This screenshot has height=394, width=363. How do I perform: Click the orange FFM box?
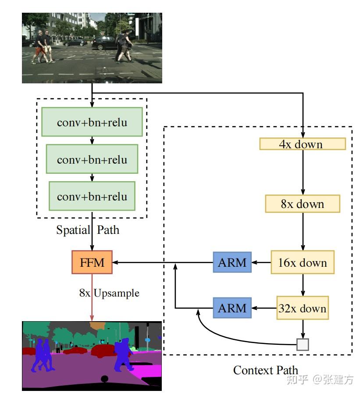[x=92, y=262]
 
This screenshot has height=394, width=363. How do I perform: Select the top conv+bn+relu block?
[x=92, y=122]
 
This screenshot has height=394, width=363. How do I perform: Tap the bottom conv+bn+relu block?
[x=92, y=196]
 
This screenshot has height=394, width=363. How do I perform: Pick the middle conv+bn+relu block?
[x=92, y=159]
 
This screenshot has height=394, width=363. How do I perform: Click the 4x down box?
[x=302, y=144]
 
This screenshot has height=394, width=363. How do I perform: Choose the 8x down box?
[x=302, y=204]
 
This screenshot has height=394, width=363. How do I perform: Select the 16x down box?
[x=302, y=263]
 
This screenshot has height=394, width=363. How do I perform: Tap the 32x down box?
[x=302, y=308]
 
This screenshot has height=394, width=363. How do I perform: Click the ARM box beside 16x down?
[x=232, y=262]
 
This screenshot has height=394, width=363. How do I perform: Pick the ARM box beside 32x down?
[x=232, y=308]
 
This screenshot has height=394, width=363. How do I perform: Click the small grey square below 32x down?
[x=302, y=344]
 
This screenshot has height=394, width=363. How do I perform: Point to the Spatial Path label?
[x=88, y=229]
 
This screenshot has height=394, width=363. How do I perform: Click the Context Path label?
[x=266, y=370]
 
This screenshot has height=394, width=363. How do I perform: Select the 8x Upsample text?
[x=109, y=293]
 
